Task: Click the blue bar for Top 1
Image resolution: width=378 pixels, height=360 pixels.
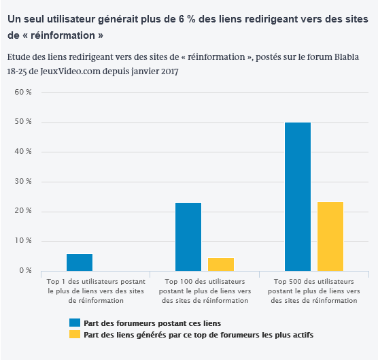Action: coord(80,262)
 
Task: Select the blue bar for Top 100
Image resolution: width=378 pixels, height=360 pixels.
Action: coord(188,237)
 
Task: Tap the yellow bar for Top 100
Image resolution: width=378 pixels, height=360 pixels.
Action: coord(221,265)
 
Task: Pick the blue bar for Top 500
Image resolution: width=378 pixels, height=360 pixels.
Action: coord(298,197)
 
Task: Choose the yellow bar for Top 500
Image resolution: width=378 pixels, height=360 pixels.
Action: coord(330,236)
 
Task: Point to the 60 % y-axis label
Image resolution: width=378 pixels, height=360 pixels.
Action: coord(23,92)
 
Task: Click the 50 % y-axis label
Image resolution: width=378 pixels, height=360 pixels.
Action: coord(23,122)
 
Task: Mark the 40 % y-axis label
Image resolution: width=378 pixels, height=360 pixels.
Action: coord(23,151)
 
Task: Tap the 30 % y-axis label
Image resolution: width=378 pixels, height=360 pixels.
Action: coord(23,181)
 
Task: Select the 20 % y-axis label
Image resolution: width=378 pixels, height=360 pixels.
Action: coord(23,211)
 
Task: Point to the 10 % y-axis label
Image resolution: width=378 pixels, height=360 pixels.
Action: coord(23,240)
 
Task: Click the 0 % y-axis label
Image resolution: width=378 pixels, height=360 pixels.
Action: coord(25,270)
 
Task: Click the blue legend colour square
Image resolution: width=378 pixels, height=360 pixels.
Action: coord(75,323)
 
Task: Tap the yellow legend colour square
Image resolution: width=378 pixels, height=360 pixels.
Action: coord(75,334)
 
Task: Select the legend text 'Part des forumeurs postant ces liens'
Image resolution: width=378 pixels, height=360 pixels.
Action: coord(152,323)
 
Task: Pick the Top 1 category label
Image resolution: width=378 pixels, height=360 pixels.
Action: coord(96,291)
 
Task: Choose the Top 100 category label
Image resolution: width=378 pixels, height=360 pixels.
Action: coord(205,291)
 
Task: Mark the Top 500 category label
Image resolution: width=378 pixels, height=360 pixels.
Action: coord(314,291)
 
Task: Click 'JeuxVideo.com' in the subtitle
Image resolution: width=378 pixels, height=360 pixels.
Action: coord(71,71)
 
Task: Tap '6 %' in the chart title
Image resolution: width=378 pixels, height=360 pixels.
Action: coord(187,19)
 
